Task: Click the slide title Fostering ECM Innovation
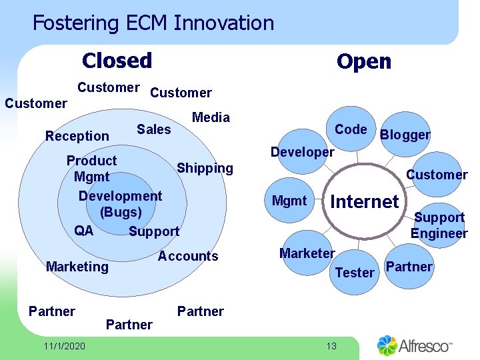(153, 23)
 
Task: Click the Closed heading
(117, 61)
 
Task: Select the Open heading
(363, 62)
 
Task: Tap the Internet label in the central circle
(365, 201)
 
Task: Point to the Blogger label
(405, 135)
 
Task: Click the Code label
(351, 129)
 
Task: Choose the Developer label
(302, 152)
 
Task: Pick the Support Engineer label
(439, 225)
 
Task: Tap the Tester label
(355, 272)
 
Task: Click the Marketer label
(307, 253)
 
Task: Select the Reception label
(77, 136)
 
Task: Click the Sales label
(153, 129)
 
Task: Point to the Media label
(211, 117)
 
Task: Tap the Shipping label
(205, 168)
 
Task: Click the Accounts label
(188, 256)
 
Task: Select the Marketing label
(77, 267)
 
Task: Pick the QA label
(84, 231)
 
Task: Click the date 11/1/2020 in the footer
(63, 346)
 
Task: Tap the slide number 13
(332, 345)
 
